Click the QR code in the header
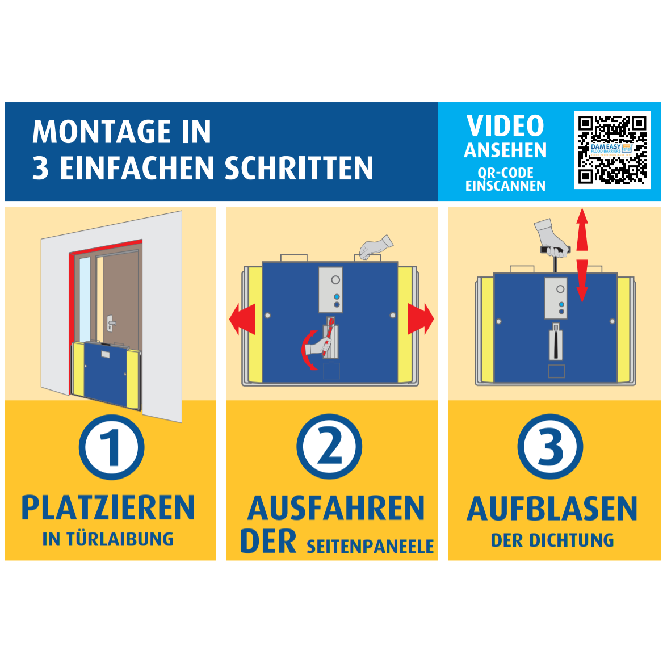pos(612,150)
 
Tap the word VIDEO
pos(505,126)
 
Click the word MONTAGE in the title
pos(102,132)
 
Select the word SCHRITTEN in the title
pos(299,168)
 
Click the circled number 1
pos(112,447)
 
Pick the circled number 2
pos(329,447)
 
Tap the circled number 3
pos(550,447)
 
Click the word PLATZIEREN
pos(108,507)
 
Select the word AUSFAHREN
pos(335,508)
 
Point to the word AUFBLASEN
pos(552,508)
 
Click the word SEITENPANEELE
pos(370,546)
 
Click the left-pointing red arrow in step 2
pos(242,319)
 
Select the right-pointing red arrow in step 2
pos(421,319)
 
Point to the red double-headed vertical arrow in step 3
pos(582,255)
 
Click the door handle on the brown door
pos(111,324)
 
